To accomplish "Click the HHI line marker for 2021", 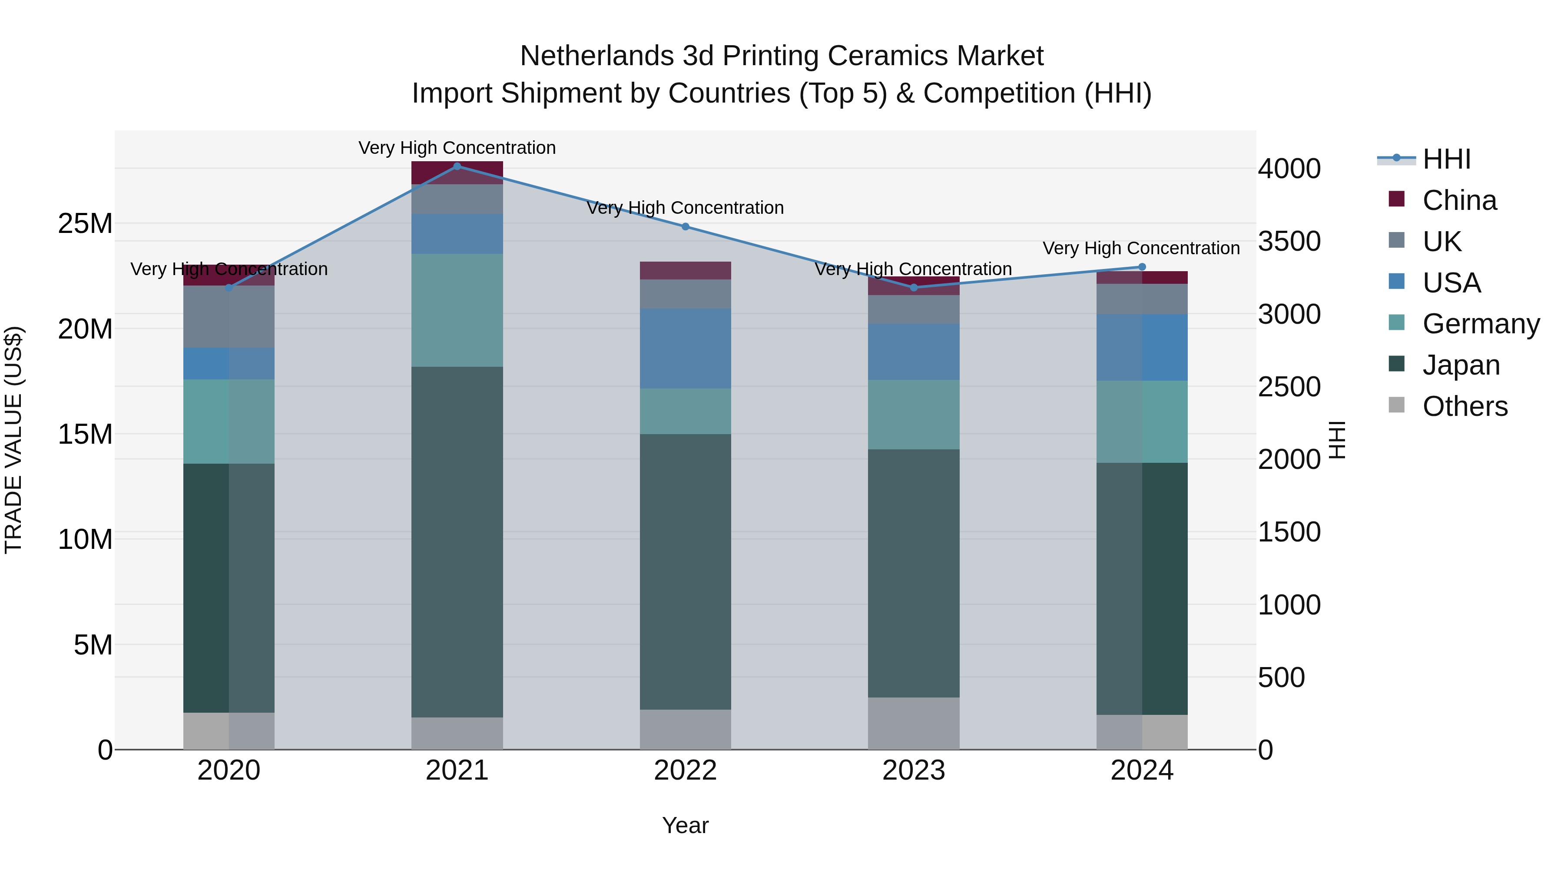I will [457, 166].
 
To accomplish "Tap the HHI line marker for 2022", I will [686, 226].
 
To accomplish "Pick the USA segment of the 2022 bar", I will [686, 348].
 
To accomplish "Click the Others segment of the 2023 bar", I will [913, 723].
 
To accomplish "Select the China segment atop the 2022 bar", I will [686, 270].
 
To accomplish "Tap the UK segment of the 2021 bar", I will [457, 199].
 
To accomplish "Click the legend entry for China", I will [1459, 200].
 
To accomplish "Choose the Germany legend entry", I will [1480, 324].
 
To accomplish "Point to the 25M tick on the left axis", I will [85, 223].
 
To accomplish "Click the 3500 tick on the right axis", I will [1289, 241].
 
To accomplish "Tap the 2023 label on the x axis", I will [913, 770].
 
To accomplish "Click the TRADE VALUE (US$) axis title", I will [13, 440].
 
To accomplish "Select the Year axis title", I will [686, 825].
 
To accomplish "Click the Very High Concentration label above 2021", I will [457, 148].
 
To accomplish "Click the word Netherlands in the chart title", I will [597, 56].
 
